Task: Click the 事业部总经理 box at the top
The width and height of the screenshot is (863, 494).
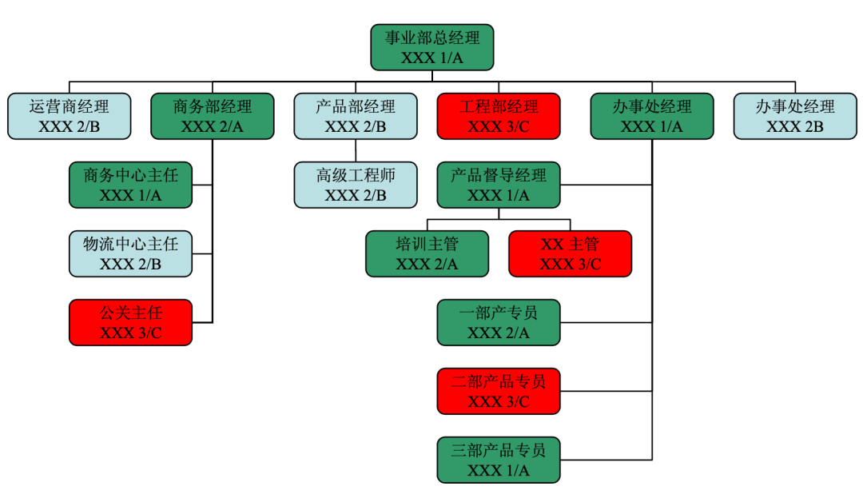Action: tap(432, 47)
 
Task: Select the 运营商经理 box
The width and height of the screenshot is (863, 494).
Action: tap(69, 116)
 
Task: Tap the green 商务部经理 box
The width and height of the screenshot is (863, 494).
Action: tap(212, 116)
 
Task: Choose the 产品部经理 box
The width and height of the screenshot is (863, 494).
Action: tap(356, 116)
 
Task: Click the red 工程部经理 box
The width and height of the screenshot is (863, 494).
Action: tap(499, 116)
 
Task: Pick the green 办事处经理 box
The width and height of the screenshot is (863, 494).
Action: tap(651, 116)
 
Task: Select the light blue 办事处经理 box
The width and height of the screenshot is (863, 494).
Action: tap(795, 116)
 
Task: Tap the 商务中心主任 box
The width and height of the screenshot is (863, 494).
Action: tap(130, 185)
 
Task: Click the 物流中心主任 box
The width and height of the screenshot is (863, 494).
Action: tap(130, 253)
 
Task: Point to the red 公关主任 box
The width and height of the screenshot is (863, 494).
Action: tap(130, 322)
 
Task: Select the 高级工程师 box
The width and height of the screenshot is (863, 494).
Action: tap(356, 185)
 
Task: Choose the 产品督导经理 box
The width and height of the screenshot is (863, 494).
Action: tap(499, 185)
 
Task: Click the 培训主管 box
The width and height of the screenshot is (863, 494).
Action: tap(427, 253)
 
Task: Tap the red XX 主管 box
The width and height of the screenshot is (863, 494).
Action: tap(570, 253)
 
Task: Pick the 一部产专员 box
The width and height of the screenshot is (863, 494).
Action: tap(499, 322)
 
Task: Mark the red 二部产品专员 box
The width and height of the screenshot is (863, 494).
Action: tap(499, 391)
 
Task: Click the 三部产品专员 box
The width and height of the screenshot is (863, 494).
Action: tap(499, 460)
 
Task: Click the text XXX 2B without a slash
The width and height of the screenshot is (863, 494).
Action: tap(795, 126)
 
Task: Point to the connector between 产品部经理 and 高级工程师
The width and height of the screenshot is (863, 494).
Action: tap(356, 151)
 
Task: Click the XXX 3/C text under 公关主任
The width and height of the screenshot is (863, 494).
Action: tap(130, 333)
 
